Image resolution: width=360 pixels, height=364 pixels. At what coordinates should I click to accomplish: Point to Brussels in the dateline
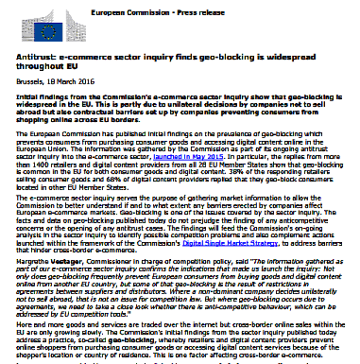(x=22, y=83)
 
